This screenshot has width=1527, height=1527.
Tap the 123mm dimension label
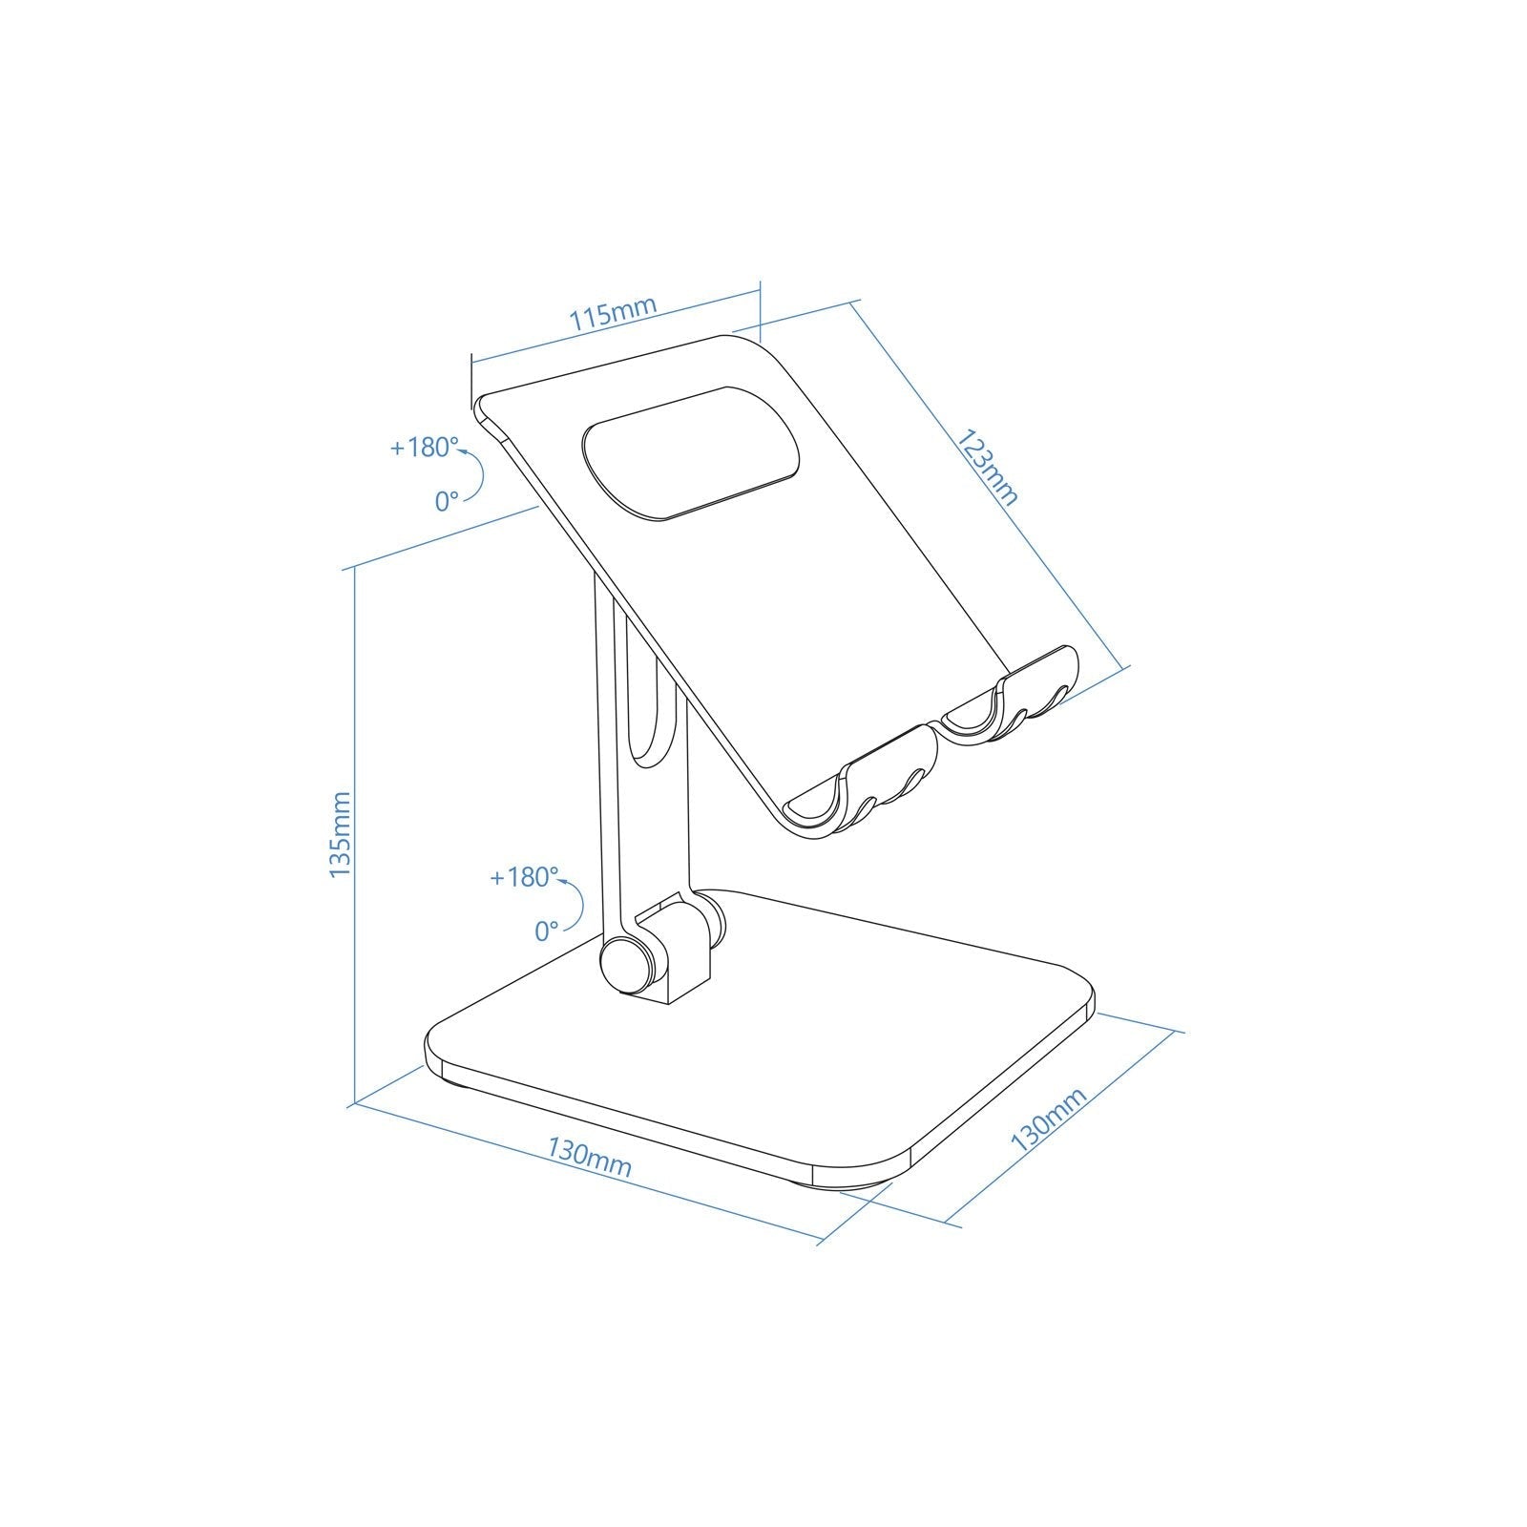989,469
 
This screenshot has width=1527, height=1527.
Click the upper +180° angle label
424,448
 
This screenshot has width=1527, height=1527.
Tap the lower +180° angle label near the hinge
523,877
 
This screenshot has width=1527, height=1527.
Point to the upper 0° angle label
447,500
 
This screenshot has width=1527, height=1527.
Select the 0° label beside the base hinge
546,931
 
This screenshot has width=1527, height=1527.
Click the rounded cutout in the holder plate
691,453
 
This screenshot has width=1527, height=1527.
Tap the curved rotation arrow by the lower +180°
575,902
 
